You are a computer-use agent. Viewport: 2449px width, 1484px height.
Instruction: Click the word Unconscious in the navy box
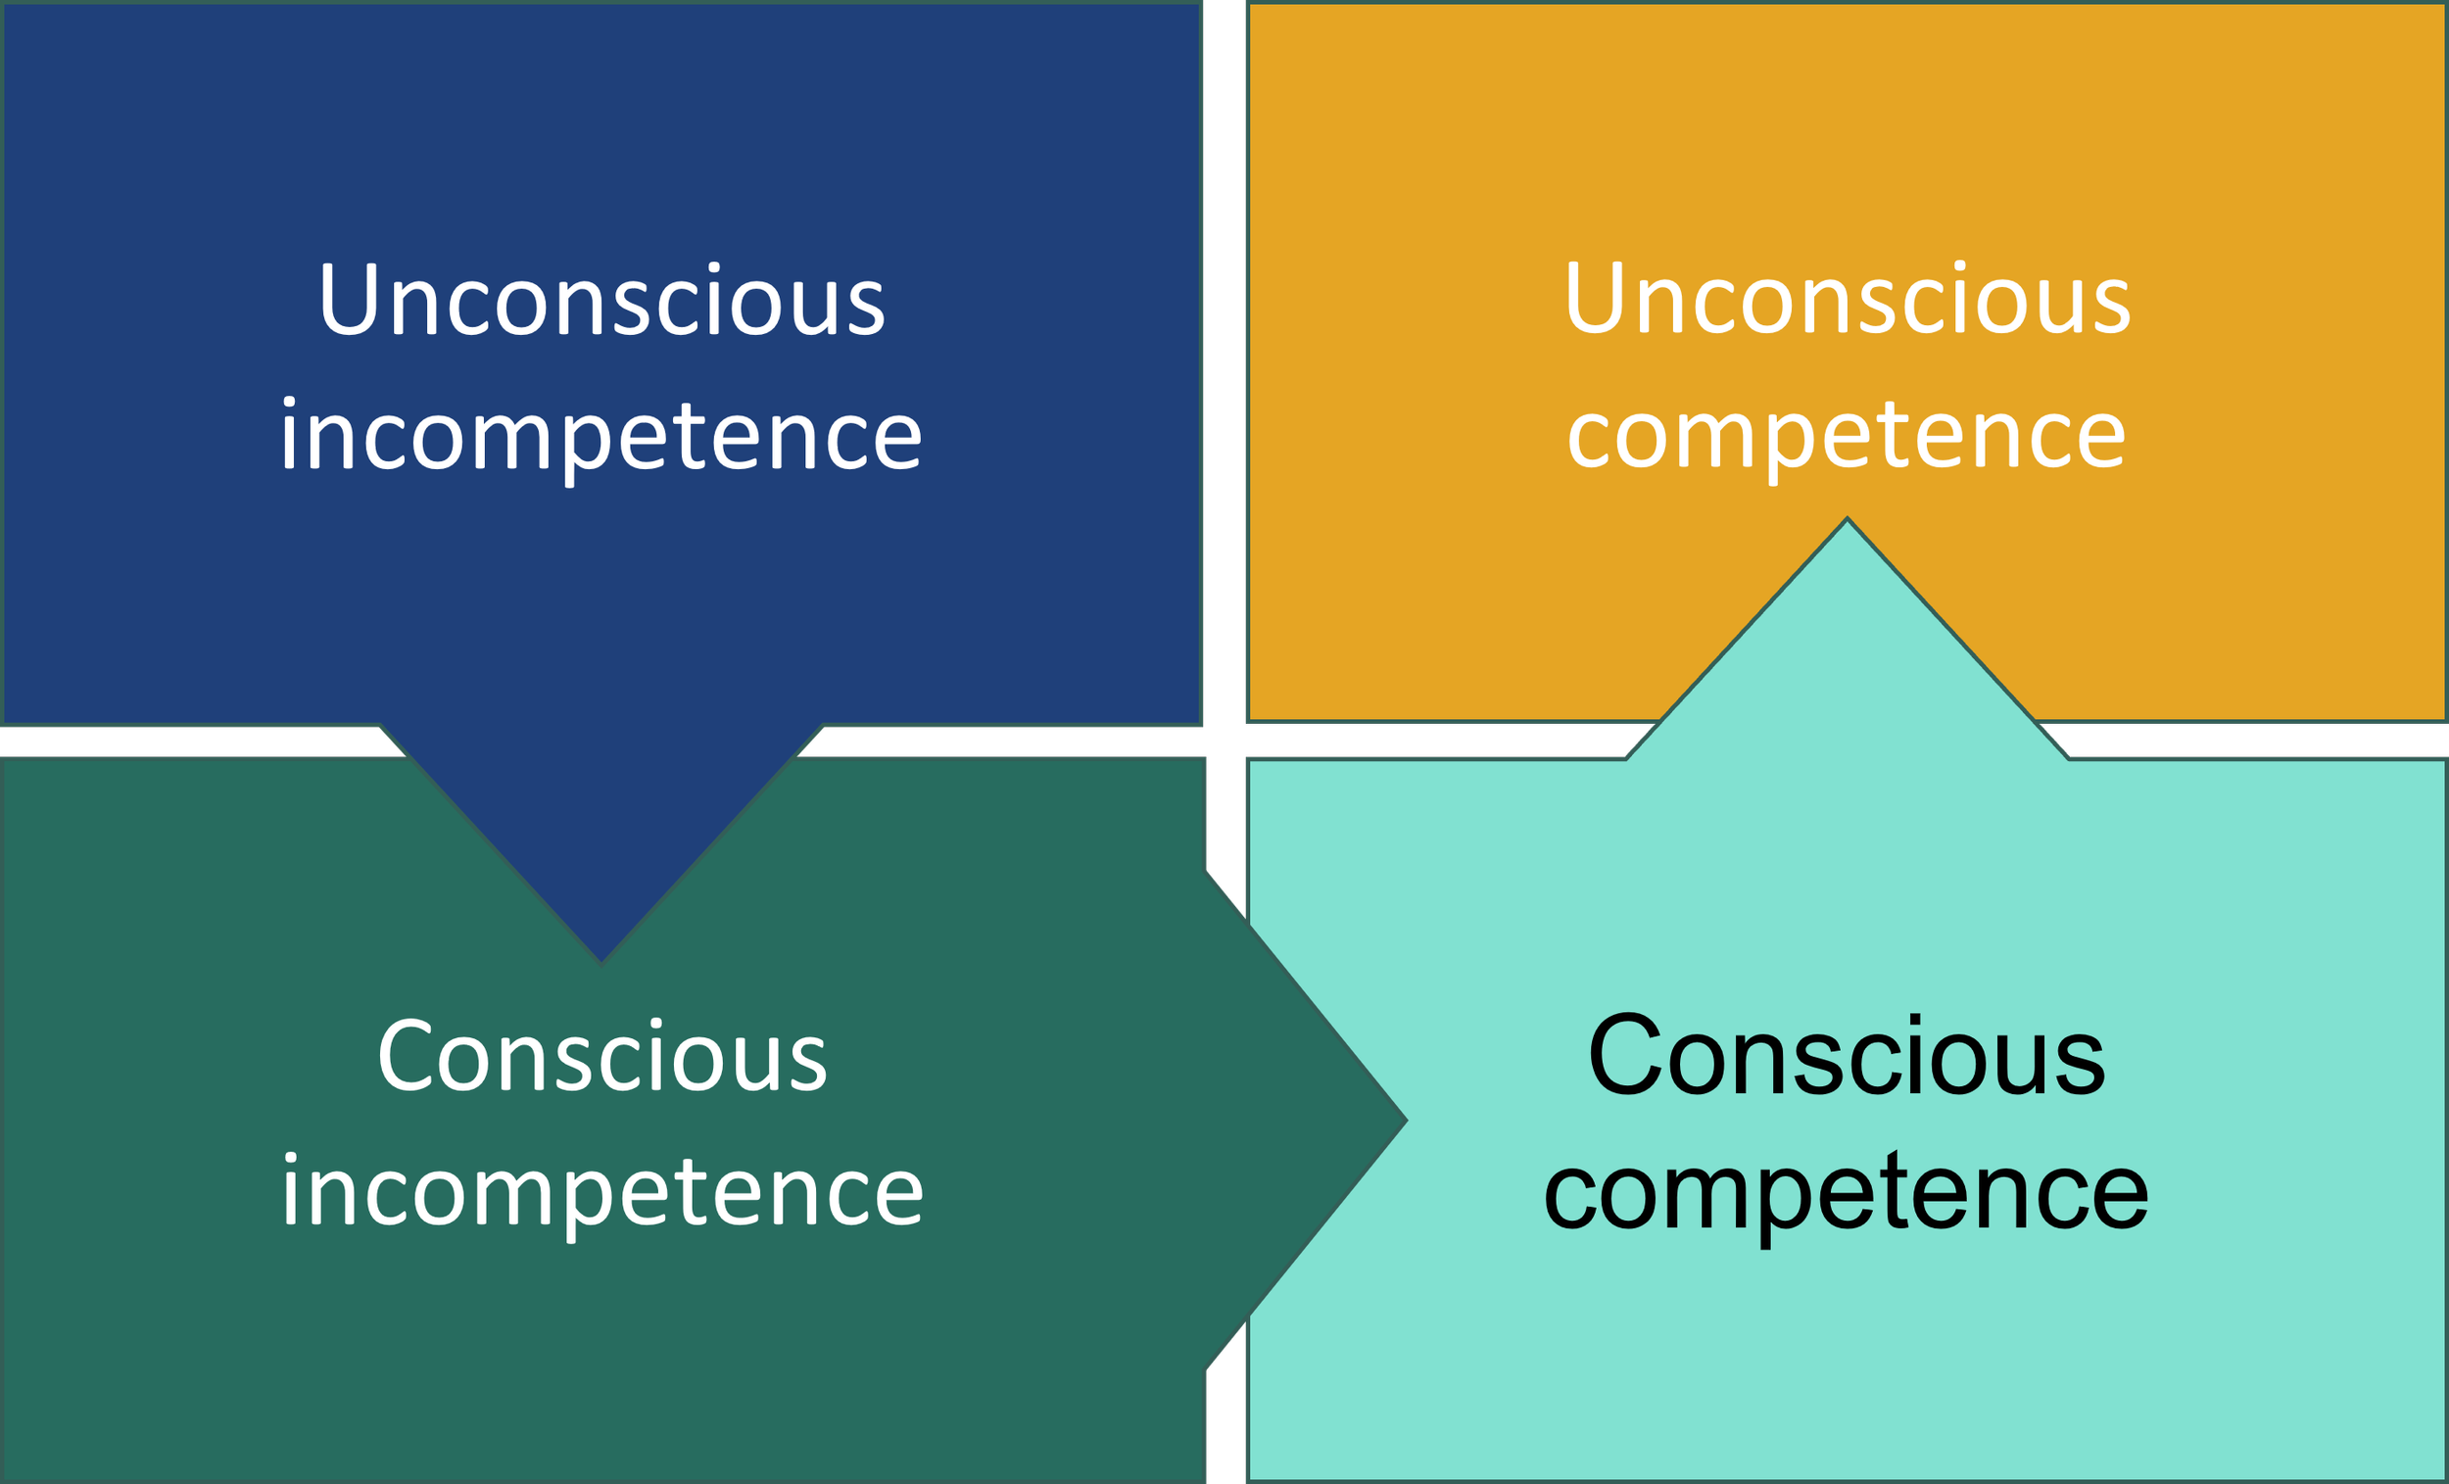(x=601, y=300)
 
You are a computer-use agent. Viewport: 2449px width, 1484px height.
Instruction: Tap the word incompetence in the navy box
(x=601, y=437)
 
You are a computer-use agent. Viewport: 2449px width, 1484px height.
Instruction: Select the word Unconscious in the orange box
(x=1847, y=300)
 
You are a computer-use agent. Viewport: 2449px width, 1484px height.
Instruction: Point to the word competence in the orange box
(x=1847, y=437)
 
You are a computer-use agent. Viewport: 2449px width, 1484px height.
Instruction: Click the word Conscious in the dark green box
(x=602, y=1057)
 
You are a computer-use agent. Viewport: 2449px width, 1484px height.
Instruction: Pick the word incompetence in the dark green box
(x=602, y=1193)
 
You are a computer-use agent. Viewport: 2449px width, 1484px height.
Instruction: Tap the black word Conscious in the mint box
(x=1847, y=1056)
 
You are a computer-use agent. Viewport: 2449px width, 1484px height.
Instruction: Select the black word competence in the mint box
(x=1847, y=1193)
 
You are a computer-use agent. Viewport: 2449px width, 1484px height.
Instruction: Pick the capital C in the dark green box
(x=402, y=1057)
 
